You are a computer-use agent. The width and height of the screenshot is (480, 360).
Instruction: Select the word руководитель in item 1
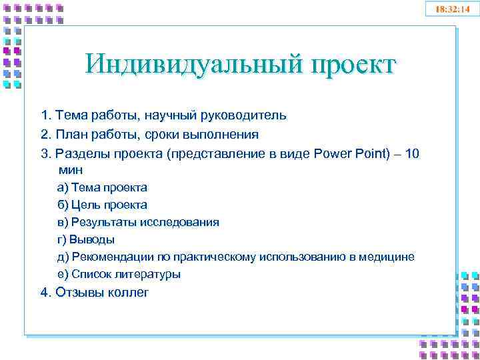point(245,116)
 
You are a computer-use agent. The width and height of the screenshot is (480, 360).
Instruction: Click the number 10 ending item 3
point(412,153)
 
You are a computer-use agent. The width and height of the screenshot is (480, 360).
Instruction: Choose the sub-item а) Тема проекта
point(103,188)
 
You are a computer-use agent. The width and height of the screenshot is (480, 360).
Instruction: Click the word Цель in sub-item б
point(86,205)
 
